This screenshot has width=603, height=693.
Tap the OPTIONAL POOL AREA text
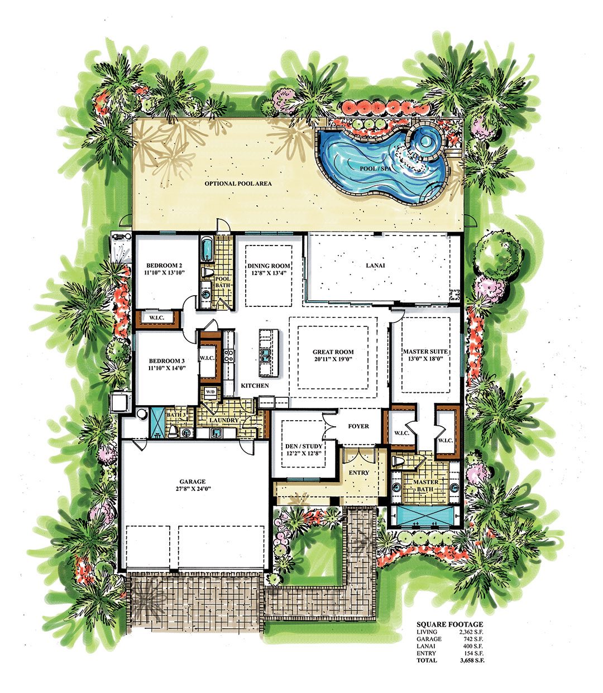[x=234, y=184]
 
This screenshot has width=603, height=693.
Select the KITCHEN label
[x=255, y=386]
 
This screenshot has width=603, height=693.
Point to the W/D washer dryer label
[x=210, y=391]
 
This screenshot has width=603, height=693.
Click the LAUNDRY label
[x=224, y=420]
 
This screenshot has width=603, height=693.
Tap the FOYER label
[x=358, y=426]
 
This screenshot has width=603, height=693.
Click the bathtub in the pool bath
[x=207, y=249]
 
